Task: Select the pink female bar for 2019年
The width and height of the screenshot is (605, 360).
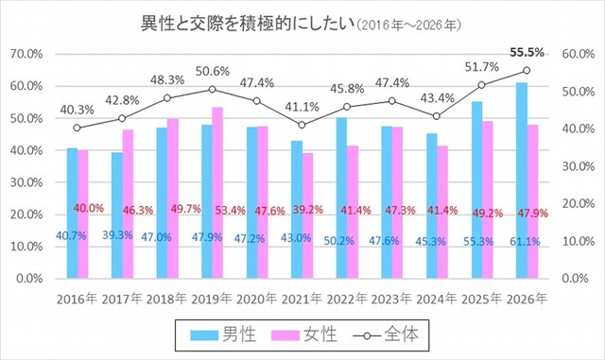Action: tap(216, 193)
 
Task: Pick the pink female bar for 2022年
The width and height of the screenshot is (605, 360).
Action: tap(352, 212)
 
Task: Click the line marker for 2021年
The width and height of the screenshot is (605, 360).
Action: tap(302, 125)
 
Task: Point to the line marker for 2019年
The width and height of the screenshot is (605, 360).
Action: tap(212, 90)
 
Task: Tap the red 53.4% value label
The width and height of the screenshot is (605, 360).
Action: tap(227, 210)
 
